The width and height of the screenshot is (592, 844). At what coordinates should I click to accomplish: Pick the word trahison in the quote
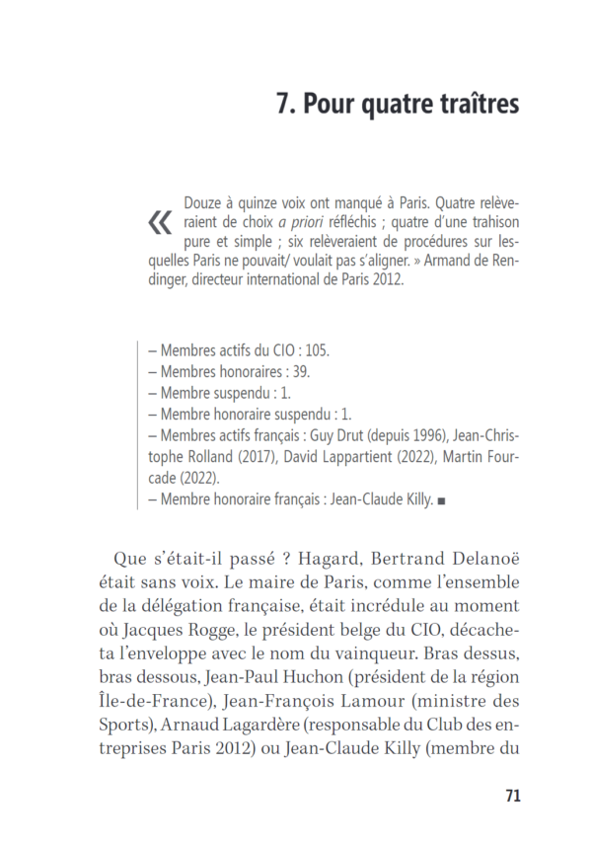487,222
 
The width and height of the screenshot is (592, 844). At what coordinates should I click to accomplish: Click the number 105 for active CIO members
316,349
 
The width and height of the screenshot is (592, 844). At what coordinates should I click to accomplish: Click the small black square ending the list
441,501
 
